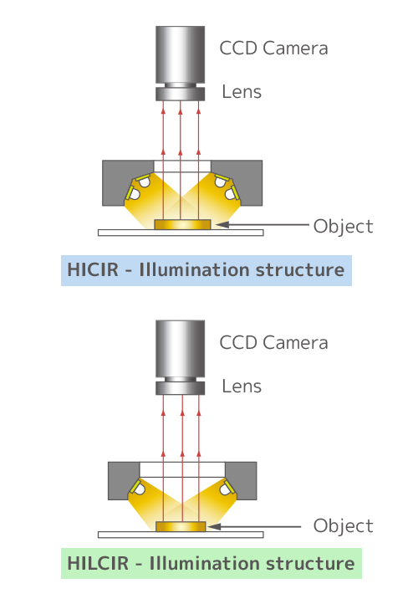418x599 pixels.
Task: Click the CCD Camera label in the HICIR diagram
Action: pyautogui.click(x=273, y=49)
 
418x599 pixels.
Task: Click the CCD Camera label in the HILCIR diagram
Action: pyautogui.click(x=273, y=343)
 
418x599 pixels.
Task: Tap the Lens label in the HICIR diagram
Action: pyautogui.click(x=242, y=92)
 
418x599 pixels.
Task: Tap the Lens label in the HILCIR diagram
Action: pyautogui.click(x=242, y=387)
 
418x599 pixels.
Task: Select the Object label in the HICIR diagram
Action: pyautogui.click(x=344, y=227)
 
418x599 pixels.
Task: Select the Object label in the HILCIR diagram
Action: pyautogui.click(x=344, y=526)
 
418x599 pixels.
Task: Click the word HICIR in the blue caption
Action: pyautogui.click(x=93, y=269)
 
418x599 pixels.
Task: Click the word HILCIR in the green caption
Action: pyautogui.click(x=98, y=564)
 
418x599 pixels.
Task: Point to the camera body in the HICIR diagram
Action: pyautogui.click(x=181, y=54)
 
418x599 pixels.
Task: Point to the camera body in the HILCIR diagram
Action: pyautogui.click(x=181, y=348)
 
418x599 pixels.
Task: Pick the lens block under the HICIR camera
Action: pyautogui.click(x=181, y=94)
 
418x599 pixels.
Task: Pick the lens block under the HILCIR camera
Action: pyautogui.click(x=181, y=388)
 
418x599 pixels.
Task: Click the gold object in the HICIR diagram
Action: pyautogui.click(x=182, y=224)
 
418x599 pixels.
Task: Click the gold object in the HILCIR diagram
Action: pyautogui.click(x=181, y=527)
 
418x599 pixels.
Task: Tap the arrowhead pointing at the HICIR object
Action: pyautogui.click(x=222, y=224)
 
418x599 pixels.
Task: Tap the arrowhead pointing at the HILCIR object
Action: pyautogui.click(x=214, y=527)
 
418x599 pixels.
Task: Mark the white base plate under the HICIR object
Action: pyautogui.click(x=181, y=233)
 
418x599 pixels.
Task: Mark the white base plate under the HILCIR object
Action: pyautogui.click(x=181, y=535)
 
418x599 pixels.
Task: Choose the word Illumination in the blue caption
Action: pyautogui.click(x=195, y=269)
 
